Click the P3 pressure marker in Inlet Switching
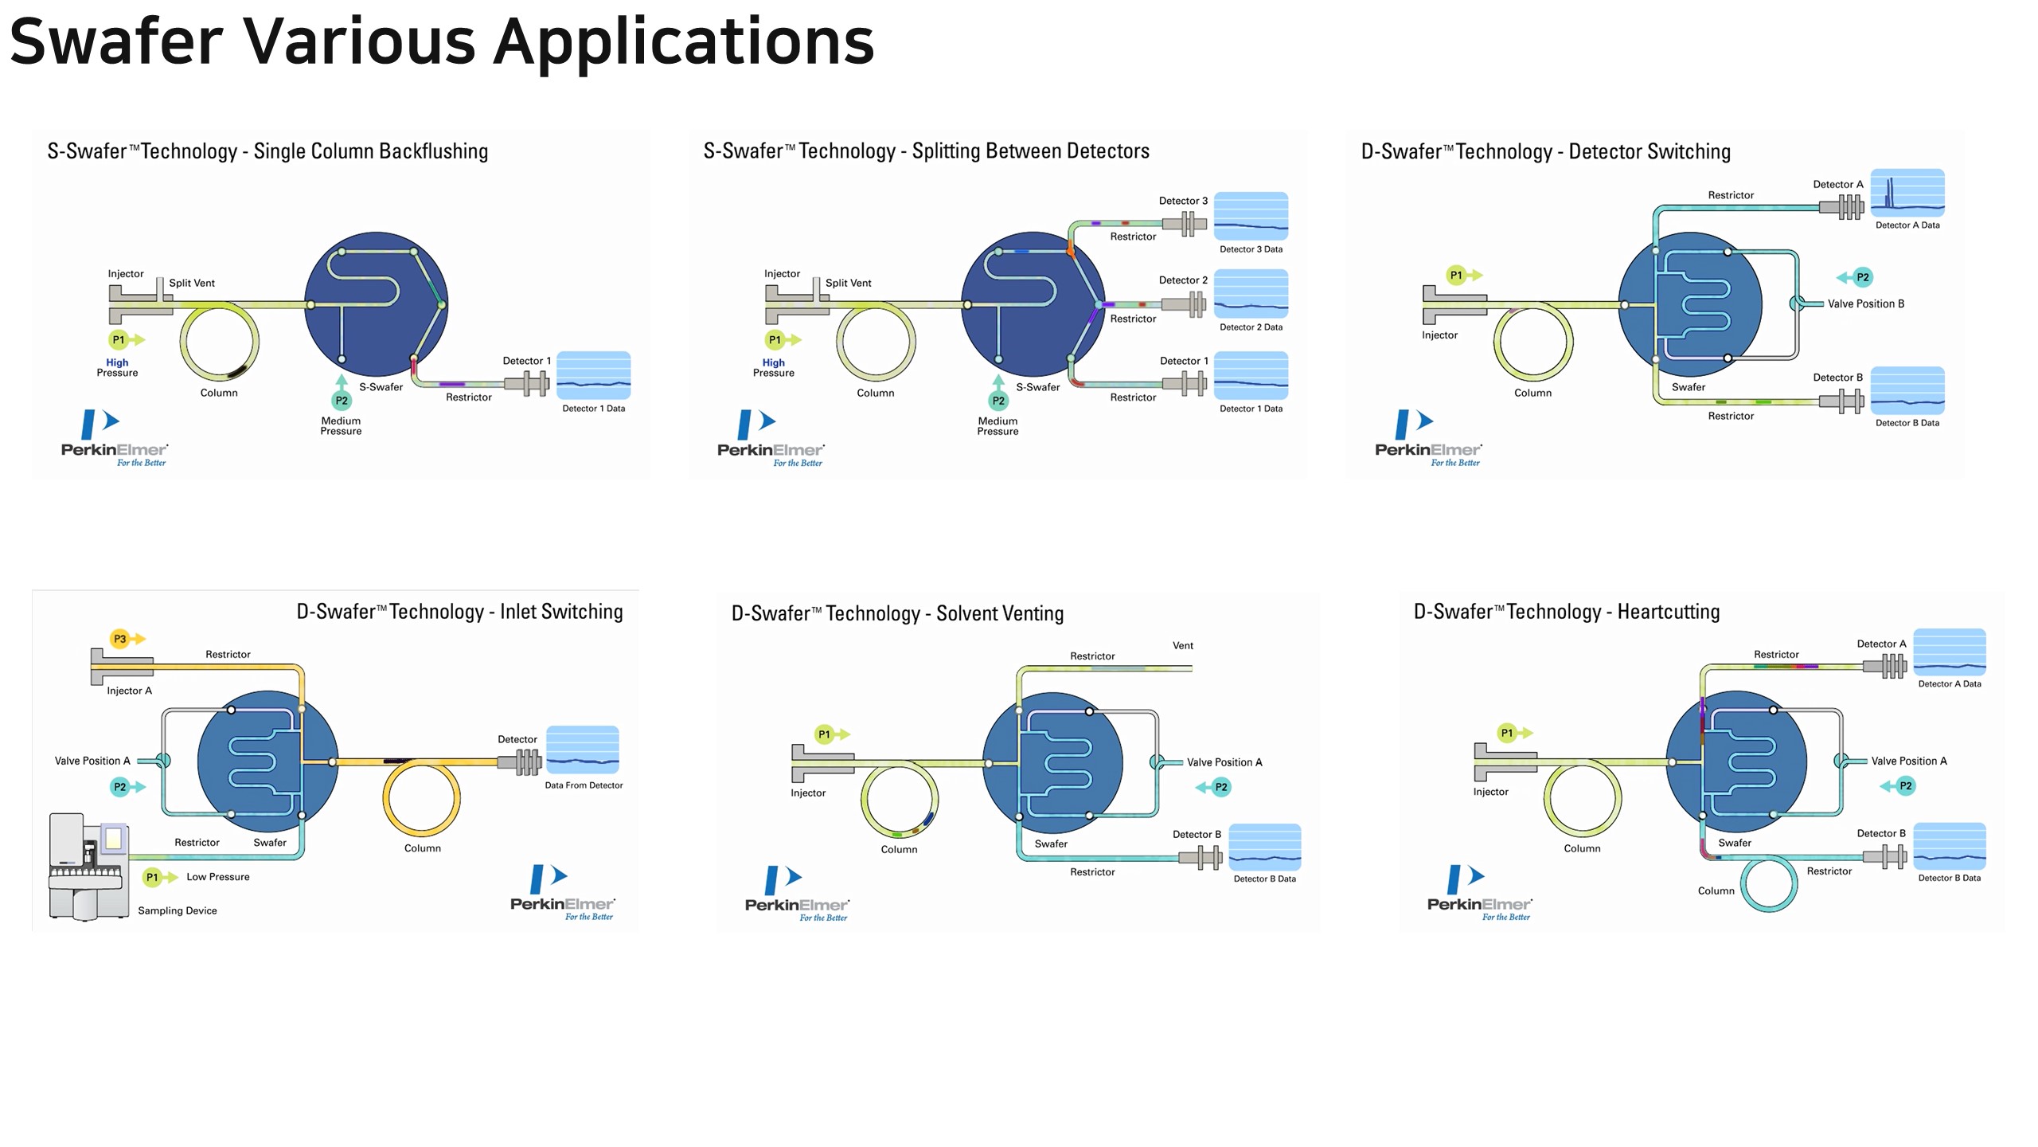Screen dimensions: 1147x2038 (x=119, y=639)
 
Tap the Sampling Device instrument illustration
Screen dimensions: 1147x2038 (x=88, y=867)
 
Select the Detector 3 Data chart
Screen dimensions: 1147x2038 (x=1251, y=216)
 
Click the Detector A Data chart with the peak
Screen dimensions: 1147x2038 (x=1907, y=193)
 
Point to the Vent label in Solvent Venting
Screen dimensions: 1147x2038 (x=1182, y=646)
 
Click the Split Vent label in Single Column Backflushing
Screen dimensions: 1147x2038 (x=191, y=284)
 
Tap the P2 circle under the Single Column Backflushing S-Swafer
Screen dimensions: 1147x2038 (x=342, y=401)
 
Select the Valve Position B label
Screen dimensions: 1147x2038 (x=1865, y=303)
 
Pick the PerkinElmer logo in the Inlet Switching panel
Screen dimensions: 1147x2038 (x=562, y=892)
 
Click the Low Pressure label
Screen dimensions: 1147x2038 (x=217, y=877)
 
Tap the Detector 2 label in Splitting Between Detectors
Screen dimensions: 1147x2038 (x=1183, y=280)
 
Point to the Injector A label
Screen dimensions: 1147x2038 (x=129, y=691)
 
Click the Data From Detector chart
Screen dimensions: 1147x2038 (x=582, y=750)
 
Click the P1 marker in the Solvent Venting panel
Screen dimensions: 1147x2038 (x=824, y=734)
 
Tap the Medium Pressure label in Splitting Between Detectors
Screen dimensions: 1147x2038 (x=998, y=426)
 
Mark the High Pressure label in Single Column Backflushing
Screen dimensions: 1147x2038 (x=117, y=367)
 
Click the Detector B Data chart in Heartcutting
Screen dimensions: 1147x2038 (x=1949, y=846)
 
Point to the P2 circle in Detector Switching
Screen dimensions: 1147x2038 (x=1862, y=277)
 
